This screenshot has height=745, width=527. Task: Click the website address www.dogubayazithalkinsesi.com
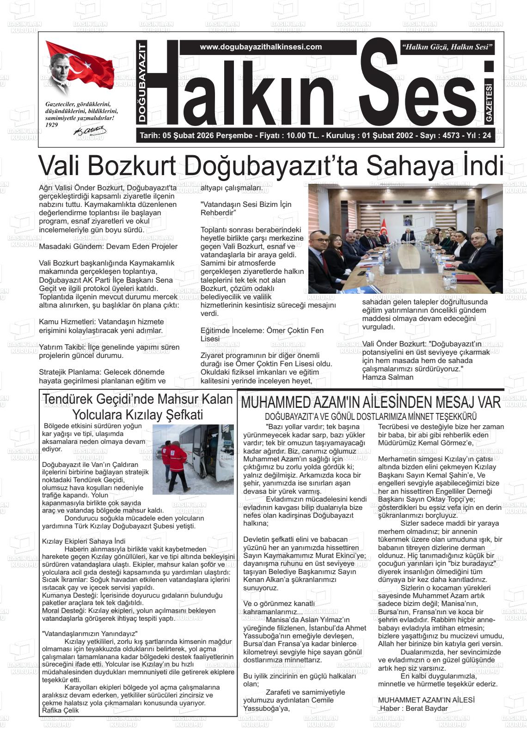[261, 47]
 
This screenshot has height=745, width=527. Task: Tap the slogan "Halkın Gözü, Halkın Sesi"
[448, 47]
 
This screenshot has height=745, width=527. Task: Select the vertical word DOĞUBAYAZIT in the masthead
[142, 82]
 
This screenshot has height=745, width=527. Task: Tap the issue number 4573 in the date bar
[451, 136]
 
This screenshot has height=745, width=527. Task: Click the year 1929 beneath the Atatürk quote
[52, 125]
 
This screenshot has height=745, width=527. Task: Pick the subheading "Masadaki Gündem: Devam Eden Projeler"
[108, 246]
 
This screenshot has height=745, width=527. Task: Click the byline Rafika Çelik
[61, 710]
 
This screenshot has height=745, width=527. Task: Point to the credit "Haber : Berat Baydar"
[414, 709]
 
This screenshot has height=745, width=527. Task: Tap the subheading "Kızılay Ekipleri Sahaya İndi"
[84, 541]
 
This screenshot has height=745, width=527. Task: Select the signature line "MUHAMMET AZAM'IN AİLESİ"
[426, 700]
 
